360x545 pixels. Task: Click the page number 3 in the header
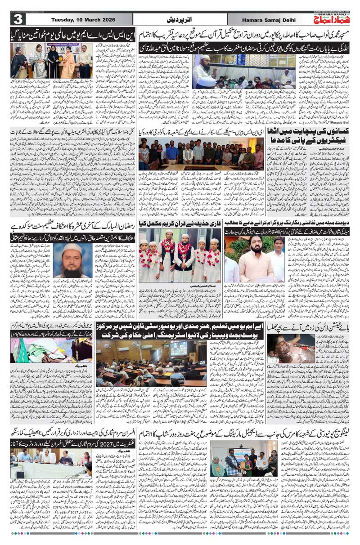point(18,19)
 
